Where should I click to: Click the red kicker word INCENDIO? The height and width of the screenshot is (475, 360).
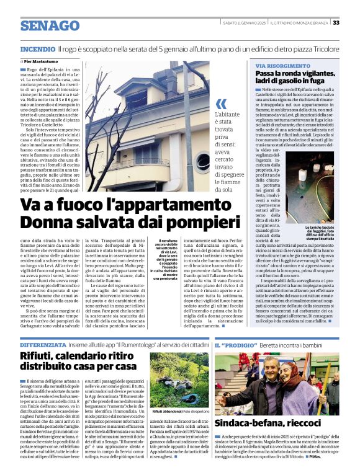coord(38,48)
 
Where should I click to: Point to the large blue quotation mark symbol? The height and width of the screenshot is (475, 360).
coord(221,105)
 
